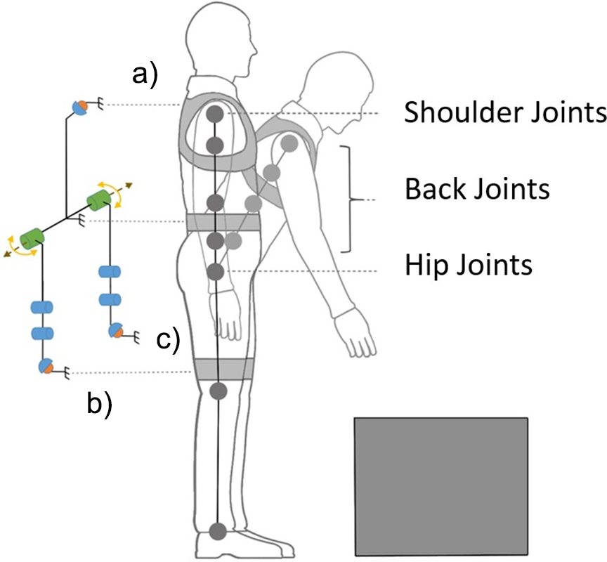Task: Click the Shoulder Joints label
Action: click(504, 112)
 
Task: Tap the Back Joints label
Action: click(477, 189)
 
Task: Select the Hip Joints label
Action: click(469, 266)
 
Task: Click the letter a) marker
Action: click(145, 73)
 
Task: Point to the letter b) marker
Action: click(98, 405)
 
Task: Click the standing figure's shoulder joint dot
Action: click(216, 113)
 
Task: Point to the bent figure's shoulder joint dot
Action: click(287, 143)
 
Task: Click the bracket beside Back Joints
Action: click(348, 200)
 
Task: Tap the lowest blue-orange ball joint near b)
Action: click(45, 366)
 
